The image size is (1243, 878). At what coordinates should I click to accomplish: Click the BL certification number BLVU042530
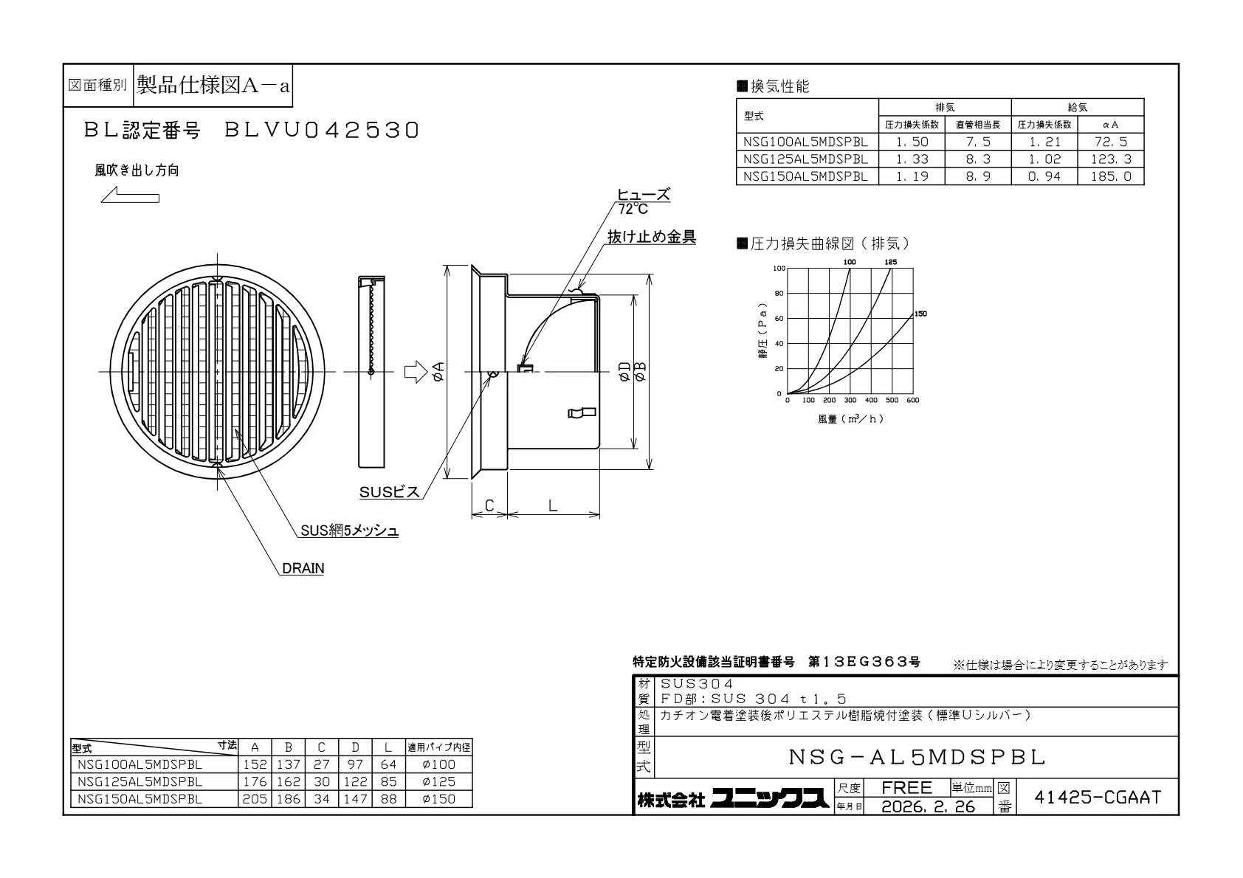click(x=321, y=130)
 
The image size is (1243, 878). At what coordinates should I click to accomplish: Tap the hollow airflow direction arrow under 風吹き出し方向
click(x=130, y=195)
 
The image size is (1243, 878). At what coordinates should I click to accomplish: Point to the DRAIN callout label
click(x=303, y=568)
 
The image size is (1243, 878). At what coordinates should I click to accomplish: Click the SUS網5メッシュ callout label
click(x=350, y=530)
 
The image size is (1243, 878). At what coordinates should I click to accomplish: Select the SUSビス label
click(x=390, y=492)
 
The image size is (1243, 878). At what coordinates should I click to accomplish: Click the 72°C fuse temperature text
click(x=633, y=209)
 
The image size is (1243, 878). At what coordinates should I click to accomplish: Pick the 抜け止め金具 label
click(x=652, y=237)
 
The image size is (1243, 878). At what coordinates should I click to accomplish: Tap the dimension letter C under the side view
click(x=489, y=505)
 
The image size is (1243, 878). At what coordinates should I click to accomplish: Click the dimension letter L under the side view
click(x=553, y=505)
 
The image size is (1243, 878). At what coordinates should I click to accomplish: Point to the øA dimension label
click(x=438, y=371)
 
